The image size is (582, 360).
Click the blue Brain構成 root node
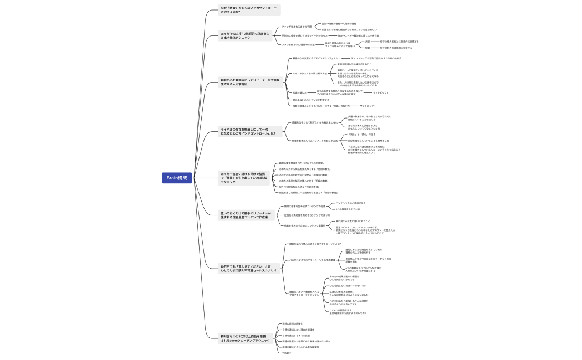point(177,178)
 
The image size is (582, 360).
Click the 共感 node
point(367,42)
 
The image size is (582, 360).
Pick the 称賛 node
point(367,48)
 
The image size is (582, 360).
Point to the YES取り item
point(287,353)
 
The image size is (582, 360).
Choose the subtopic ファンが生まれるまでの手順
point(300,27)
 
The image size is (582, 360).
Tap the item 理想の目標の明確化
point(292,323)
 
